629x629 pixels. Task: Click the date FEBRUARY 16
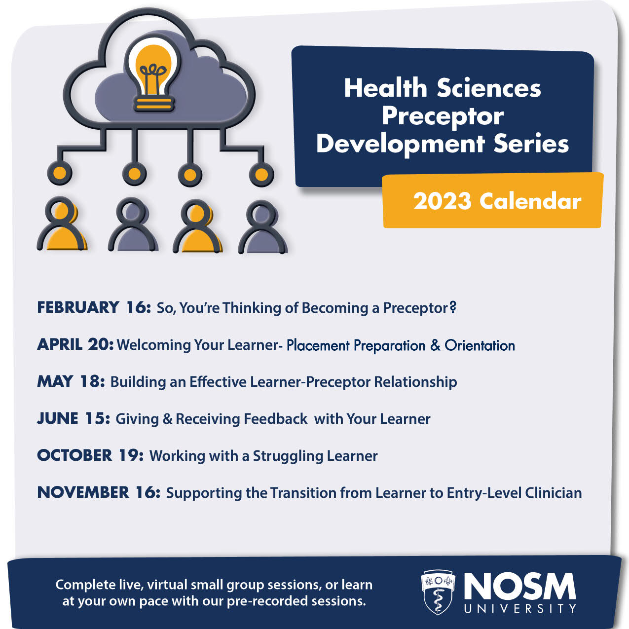click(94, 307)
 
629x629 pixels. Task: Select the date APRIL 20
click(75, 344)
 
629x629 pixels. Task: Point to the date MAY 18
click(71, 381)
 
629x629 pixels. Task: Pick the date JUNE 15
click(74, 418)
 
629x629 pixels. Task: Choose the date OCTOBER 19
click(90, 455)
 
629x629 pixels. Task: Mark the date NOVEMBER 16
click(99, 492)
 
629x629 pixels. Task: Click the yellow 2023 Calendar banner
click(492, 200)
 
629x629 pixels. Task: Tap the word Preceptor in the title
click(443, 116)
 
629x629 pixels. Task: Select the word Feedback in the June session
click(275, 419)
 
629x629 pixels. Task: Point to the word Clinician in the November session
click(553, 493)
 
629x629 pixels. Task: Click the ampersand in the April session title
click(435, 345)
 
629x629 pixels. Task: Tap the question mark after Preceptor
click(452, 307)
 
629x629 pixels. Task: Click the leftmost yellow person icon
click(62, 225)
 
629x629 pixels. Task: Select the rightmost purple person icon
click(263, 227)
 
